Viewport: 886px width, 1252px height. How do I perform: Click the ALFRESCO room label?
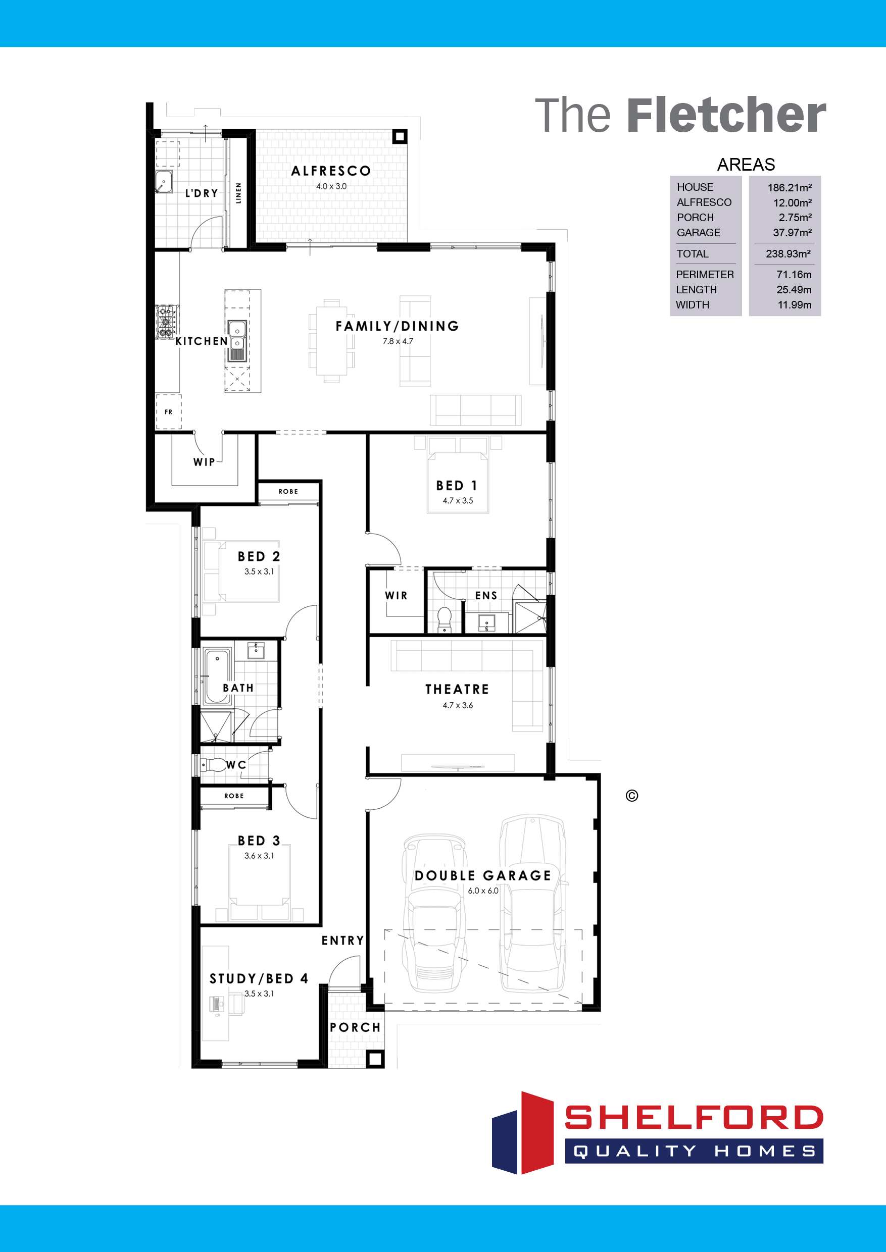(331, 171)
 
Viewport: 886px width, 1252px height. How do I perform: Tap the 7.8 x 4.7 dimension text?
(398, 341)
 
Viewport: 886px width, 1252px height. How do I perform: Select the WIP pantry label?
(204, 462)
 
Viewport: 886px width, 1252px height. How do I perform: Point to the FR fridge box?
(169, 412)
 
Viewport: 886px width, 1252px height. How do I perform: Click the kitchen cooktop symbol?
(166, 322)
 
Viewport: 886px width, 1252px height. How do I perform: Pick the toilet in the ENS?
(445, 619)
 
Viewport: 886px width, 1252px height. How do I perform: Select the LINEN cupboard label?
(238, 193)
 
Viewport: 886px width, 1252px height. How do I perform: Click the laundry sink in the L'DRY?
(163, 182)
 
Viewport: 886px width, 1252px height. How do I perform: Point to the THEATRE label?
(457, 689)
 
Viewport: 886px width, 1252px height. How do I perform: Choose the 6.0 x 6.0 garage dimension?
(483, 891)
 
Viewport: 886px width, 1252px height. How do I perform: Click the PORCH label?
(355, 1027)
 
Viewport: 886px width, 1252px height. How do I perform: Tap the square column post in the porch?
(375, 1059)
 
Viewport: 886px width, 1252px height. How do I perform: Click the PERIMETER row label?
(704, 274)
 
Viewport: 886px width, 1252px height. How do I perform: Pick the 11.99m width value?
(795, 305)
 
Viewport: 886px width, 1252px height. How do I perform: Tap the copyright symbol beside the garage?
(632, 796)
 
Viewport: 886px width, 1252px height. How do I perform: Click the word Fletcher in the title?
(726, 115)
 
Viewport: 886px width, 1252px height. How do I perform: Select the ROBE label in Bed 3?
(234, 796)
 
